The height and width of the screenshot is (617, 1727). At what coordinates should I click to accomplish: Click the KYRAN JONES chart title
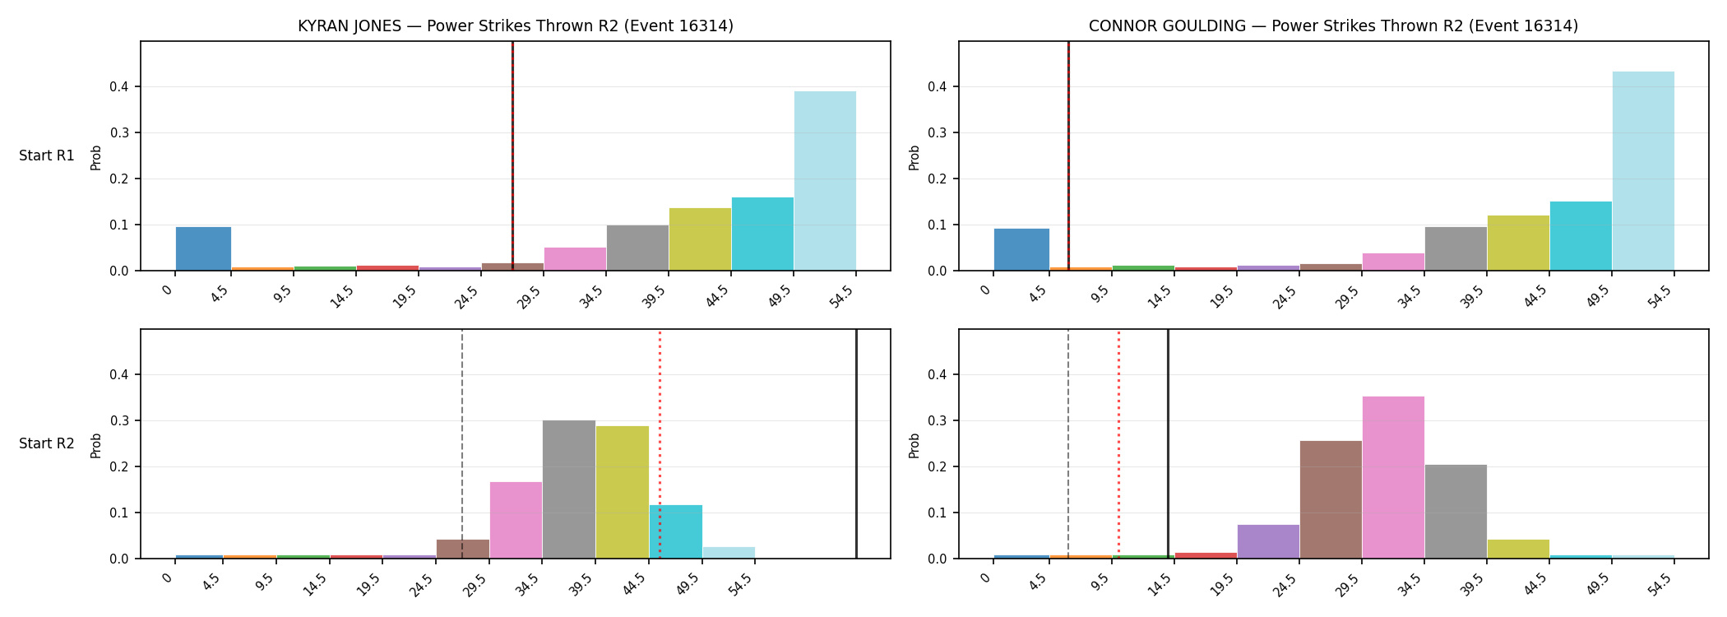(516, 26)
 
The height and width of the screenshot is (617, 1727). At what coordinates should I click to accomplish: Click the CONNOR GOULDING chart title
(1333, 26)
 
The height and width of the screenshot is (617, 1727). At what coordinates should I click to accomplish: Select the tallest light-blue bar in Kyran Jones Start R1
(825, 181)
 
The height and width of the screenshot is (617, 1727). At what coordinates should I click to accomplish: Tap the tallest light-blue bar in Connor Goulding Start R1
(1643, 171)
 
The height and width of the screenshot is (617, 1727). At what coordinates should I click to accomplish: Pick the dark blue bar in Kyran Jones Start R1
(203, 248)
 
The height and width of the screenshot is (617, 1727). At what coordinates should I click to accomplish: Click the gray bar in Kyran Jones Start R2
(569, 489)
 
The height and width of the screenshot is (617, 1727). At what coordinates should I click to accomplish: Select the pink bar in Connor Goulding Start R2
(1393, 477)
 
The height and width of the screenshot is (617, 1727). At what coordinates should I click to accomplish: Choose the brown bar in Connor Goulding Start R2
(1331, 499)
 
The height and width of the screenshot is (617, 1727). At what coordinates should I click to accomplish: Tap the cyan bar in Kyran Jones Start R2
(676, 531)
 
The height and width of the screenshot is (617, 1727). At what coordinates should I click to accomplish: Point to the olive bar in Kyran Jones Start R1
(700, 239)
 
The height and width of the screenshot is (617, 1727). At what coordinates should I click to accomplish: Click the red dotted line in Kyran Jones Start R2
(660, 444)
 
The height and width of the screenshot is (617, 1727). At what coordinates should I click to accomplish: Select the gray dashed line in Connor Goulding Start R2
(1068, 444)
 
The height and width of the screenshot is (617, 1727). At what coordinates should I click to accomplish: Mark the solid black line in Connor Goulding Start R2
(1168, 444)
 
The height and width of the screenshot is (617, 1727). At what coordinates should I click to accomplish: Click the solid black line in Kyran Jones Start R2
(856, 444)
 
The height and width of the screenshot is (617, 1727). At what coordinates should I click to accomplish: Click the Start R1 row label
(47, 156)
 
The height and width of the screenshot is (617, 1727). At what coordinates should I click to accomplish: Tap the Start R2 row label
(47, 444)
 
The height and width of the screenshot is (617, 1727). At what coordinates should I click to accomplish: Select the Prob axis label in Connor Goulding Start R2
(914, 445)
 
